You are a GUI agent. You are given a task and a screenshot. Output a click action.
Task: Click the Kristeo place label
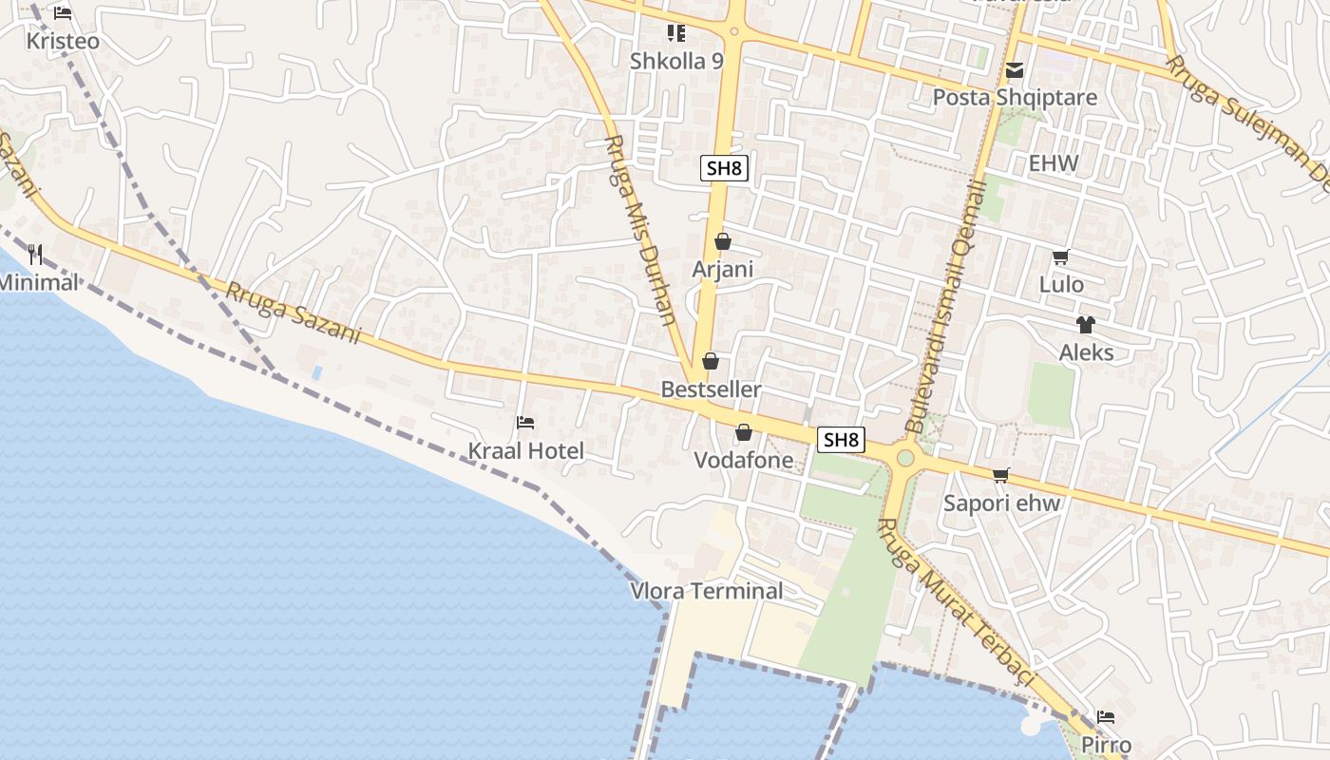pyautogui.click(x=63, y=42)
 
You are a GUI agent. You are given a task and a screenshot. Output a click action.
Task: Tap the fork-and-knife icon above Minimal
pyautogui.click(x=36, y=255)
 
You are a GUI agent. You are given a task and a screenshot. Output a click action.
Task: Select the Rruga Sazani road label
pyautogui.click(x=294, y=313)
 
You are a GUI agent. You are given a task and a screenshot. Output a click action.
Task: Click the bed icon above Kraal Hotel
pyautogui.click(x=525, y=423)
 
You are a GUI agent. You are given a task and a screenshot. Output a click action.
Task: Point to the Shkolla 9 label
pyautogui.click(x=676, y=62)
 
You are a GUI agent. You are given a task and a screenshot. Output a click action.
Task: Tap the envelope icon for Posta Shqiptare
pyautogui.click(x=1015, y=70)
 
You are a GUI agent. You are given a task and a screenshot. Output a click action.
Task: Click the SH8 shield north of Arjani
pyautogui.click(x=725, y=169)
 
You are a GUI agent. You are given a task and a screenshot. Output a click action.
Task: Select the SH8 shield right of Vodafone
pyautogui.click(x=842, y=440)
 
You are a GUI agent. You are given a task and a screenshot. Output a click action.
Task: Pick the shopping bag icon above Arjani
pyautogui.click(x=723, y=242)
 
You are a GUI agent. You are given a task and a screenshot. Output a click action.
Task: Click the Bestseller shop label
pyautogui.click(x=711, y=389)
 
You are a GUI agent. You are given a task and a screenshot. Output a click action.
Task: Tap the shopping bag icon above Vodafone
pyautogui.click(x=744, y=433)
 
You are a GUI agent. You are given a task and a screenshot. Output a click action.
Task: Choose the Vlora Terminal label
pyautogui.click(x=707, y=591)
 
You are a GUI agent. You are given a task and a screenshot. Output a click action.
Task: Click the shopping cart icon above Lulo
pyautogui.click(x=1061, y=256)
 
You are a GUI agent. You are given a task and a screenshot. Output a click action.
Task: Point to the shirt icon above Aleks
pyautogui.click(x=1086, y=325)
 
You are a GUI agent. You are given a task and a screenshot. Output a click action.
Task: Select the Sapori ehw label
pyautogui.click(x=1001, y=503)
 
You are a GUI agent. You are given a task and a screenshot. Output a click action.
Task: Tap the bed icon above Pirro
pyautogui.click(x=1105, y=717)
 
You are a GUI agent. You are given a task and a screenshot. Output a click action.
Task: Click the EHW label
pyautogui.click(x=1054, y=163)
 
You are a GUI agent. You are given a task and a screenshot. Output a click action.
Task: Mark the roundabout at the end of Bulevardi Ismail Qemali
pyautogui.click(x=904, y=460)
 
